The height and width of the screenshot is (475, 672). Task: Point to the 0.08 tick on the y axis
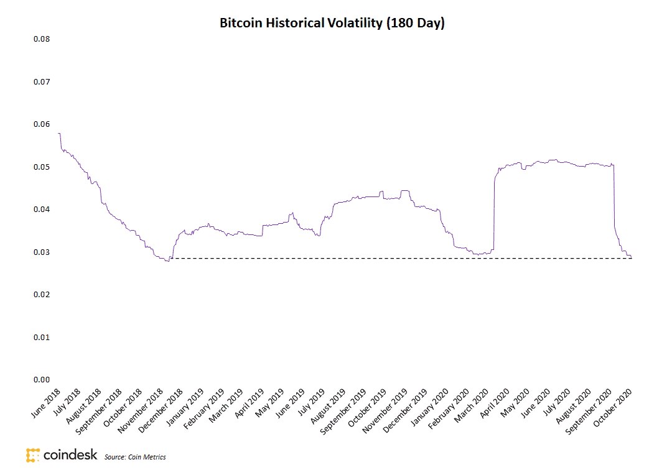click(x=41, y=39)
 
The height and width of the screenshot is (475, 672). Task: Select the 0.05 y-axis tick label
click(x=41, y=167)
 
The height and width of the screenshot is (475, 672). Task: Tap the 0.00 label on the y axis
click(x=41, y=380)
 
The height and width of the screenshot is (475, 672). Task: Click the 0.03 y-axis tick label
click(x=41, y=252)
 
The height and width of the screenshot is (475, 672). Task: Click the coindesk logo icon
click(x=33, y=455)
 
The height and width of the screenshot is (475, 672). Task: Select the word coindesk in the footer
click(x=70, y=455)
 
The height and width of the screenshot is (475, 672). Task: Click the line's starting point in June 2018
click(x=58, y=134)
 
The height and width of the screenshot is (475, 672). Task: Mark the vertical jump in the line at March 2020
click(x=493, y=211)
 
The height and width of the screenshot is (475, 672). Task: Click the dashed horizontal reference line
click(x=398, y=258)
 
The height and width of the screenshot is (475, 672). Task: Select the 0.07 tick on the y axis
click(x=41, y=82)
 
